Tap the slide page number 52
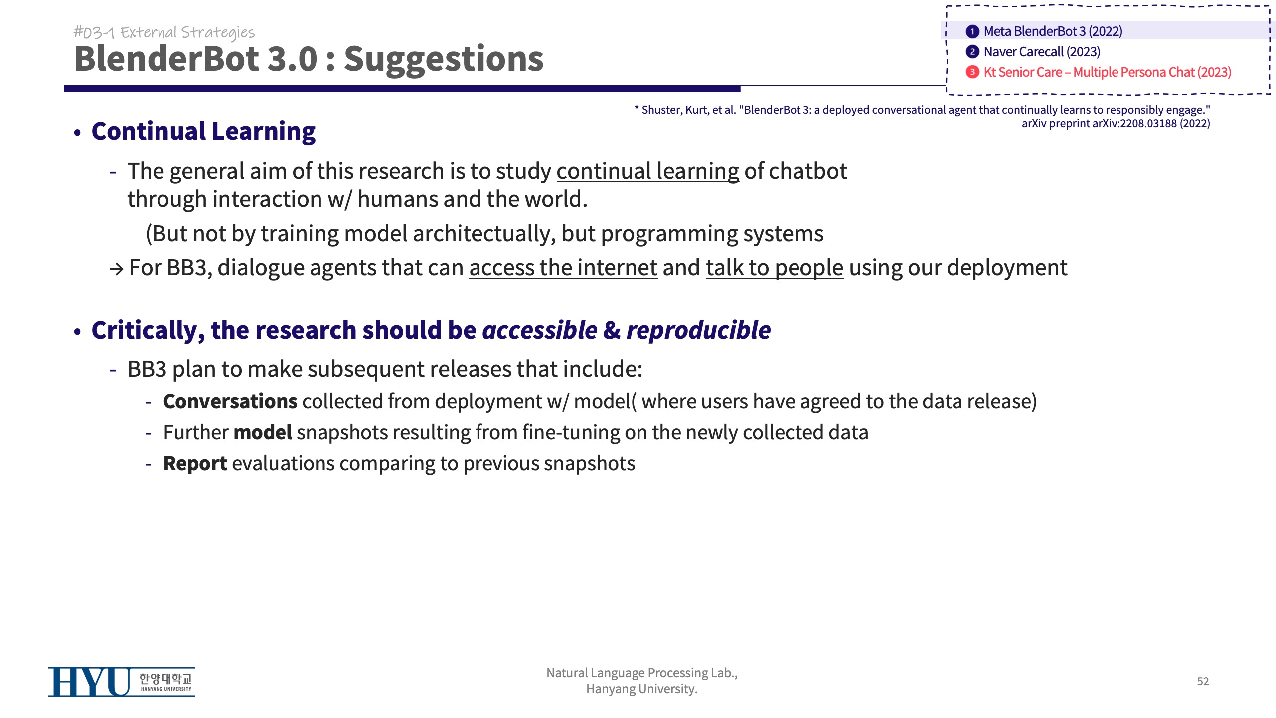pos(1203,681)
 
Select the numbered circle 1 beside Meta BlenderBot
pos(972,31)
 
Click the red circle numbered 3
pos(972,72)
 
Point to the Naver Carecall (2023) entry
pos(1042,52)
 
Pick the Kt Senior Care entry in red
pos(1107,72)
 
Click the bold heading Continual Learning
pos(203,131)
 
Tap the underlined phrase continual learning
pos(648,171)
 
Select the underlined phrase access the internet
pos(563,268)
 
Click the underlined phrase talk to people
pos(775,268)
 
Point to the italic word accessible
pos(540,330)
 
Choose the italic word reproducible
pos(698,330)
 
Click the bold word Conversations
pos(230,401)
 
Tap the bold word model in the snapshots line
pos(263,432)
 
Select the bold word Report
pos(195,464)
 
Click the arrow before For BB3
pos(117,269)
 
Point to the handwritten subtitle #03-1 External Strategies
pos(164,32)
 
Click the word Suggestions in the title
pos(444,59)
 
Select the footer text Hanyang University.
pos(642,689)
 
